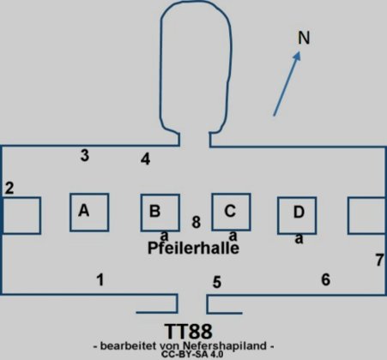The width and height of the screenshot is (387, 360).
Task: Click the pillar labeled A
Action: [89, 213]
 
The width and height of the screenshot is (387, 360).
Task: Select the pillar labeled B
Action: [160, 213]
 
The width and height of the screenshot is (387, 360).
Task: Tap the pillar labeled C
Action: [231, 212]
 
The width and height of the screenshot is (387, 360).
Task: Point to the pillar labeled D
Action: [297, 215]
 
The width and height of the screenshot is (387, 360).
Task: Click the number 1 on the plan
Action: [100, 279]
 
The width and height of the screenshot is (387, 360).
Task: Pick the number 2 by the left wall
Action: [9, 188]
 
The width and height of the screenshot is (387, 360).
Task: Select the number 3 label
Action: [85, 155]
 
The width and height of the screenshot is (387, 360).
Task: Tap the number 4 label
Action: [146, 159]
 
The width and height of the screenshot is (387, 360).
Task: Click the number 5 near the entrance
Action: [217, 282]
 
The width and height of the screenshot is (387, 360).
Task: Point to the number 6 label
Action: [326, 279]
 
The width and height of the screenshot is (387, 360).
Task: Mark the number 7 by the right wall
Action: [379, 260]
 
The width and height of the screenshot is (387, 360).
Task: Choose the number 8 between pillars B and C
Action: [197, 222]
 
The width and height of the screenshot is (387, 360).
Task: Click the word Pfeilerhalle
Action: [193, 248]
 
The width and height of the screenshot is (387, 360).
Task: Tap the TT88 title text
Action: [189, 332]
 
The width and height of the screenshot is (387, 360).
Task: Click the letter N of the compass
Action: [304, 38]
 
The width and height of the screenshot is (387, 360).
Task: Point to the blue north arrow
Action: [287, 83]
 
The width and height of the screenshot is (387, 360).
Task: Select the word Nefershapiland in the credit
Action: [225, 346]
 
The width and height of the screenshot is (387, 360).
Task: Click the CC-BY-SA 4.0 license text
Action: [192, 354]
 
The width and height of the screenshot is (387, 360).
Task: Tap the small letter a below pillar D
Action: [299, 238]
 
